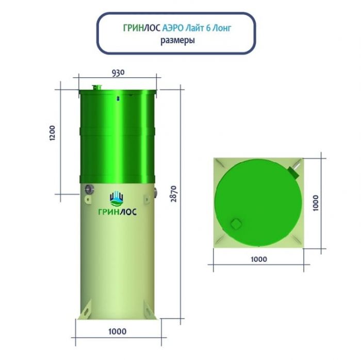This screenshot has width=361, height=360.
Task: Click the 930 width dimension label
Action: [118, 73]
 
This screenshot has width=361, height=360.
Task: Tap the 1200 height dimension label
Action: [53, 133]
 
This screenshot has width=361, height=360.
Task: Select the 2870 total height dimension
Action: [174, 194]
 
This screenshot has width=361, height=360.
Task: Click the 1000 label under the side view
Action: [118, 332]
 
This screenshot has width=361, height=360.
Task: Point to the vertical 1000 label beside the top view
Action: [316, 203]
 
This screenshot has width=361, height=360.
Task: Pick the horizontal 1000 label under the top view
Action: [259, 259]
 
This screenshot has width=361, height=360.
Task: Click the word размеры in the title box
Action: [177, 41]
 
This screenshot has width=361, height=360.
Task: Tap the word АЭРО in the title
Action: [173, 28]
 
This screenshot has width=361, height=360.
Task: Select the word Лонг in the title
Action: [221, 28]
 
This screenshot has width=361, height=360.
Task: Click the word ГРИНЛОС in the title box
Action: [142, 28]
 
